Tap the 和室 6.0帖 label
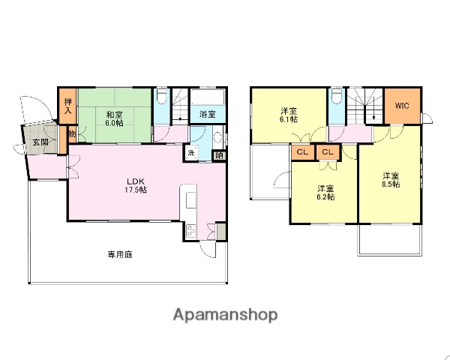tap(113, 118)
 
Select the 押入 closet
tap(67, 106)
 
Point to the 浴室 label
tap(207, 115)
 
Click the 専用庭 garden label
tap(119, 254)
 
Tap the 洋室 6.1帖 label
tap(289, 115)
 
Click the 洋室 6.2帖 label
tap(325, 192)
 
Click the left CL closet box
tap(302, 152)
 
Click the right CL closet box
tap(327, 152)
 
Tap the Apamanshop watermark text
tap(226, 314)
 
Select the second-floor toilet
tap(337, 100)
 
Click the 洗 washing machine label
tap(190, 154)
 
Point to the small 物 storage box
tap(72, 135)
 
